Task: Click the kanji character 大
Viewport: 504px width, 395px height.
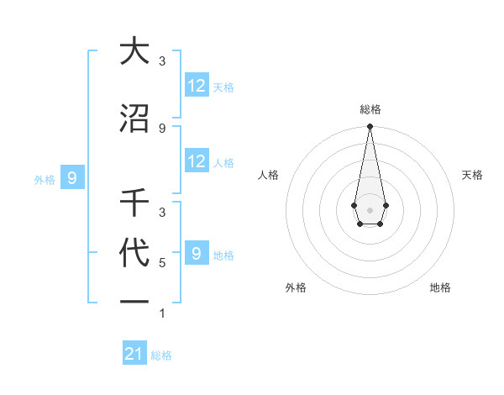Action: [x=134, y=51]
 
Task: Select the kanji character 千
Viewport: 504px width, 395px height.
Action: [x=134, y=203]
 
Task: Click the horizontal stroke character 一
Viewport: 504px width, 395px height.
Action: [x=134, y=301]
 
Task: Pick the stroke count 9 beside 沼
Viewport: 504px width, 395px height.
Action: [x=161, y=128]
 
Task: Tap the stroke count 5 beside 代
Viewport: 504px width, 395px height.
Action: [x=161, y=263]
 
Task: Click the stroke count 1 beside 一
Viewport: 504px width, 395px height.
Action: [x=161, y=313]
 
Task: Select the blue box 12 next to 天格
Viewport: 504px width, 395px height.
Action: [x=197, y=86]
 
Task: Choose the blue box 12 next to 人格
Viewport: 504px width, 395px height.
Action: [x=197, y=161]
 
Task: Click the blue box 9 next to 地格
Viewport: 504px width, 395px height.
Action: [x=197, y=254]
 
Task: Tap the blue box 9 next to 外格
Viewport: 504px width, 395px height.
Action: [x=72, y=178]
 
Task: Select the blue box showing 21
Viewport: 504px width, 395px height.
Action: [x=134, y=354]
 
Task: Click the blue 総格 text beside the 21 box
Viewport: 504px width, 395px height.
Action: [x=161, y=355]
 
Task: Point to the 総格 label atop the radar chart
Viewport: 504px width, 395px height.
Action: [x=370, y=109]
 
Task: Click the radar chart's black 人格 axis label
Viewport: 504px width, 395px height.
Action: [x=269, y=175]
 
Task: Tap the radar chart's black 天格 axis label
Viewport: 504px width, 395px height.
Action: [x=472, y=175]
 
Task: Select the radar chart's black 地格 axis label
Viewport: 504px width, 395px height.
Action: [x=440, y=287]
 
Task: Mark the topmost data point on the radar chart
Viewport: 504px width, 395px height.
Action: [x=370, y=127]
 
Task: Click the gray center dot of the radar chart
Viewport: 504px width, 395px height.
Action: [x=370, y=209]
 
